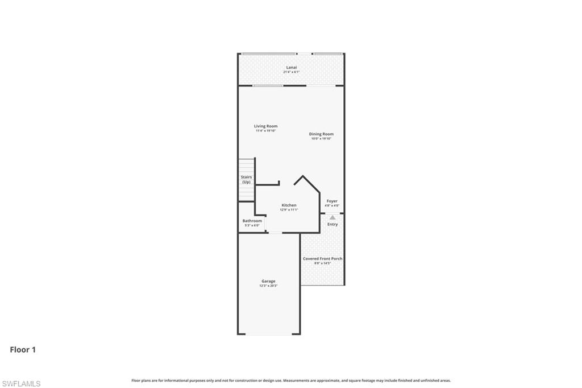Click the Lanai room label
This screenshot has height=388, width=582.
(291, 68)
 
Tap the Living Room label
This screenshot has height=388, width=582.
(265, 126)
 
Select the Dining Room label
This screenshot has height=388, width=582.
(321, 134)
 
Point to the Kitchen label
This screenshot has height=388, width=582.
(289, 205)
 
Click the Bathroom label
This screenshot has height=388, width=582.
(252, 221)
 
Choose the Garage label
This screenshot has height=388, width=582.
(268, 281)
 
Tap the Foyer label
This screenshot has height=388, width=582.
(332, 201)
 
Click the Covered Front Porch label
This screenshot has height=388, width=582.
(322, 259)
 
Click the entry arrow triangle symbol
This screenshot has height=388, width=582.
(332, 217)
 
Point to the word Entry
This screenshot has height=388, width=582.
(332, 224)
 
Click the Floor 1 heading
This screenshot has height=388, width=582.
(23, 350)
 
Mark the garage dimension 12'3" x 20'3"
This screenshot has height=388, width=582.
(268, 286)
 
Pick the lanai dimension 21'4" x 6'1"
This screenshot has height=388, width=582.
(291, 72)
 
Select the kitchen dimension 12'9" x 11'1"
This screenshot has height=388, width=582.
(289, 210)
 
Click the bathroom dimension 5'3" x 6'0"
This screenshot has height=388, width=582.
(252, 225)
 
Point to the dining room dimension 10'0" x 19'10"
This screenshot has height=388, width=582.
(321, 139)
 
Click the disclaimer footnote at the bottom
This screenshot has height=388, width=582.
(291, 381)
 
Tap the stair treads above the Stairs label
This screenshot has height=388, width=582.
(246, 166)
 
